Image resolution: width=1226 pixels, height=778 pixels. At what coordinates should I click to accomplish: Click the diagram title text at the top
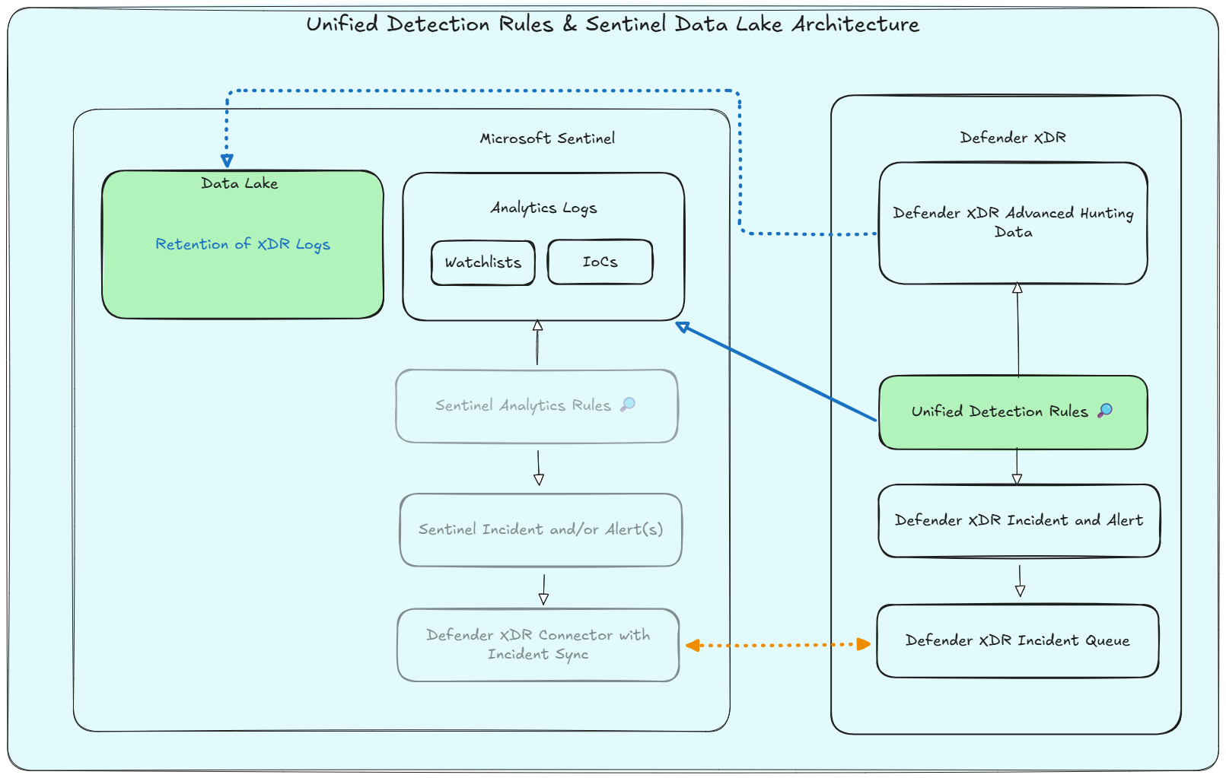tap(613, 24)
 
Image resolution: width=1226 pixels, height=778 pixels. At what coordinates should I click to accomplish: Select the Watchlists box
tap(482, 262)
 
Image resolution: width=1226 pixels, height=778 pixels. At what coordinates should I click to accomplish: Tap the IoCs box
tap(600, 262)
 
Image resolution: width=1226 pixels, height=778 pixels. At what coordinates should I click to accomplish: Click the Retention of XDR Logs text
tap(242, 244)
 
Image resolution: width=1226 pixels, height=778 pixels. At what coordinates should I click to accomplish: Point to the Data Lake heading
tap(239, 183)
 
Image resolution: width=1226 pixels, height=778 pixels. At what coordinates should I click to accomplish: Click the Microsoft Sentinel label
tap(546, 138)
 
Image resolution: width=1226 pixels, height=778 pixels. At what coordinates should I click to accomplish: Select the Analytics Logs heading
tap(543, 208)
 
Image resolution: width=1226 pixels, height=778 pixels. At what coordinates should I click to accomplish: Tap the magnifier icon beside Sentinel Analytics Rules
tap(628, 405)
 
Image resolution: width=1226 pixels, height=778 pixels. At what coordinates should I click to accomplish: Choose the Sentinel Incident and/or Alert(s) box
tap(540, 530)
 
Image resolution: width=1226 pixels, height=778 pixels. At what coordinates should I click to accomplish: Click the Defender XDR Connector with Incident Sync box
tap(537, 645)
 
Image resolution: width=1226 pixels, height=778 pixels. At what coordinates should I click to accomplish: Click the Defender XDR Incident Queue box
tap(1017, 640)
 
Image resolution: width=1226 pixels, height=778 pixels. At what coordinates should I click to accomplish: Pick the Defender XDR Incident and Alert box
tap(1018, 520)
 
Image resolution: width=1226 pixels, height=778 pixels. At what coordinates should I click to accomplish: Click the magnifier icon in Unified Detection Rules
tap(1105, 411)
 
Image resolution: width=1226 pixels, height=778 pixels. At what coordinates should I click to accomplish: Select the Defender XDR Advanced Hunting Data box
tap(1012, 223)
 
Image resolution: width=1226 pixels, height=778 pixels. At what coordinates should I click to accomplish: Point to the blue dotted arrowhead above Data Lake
tap(227, 160)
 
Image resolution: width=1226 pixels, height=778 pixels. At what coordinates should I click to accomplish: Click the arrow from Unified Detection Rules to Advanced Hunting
tap(1017, 331)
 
